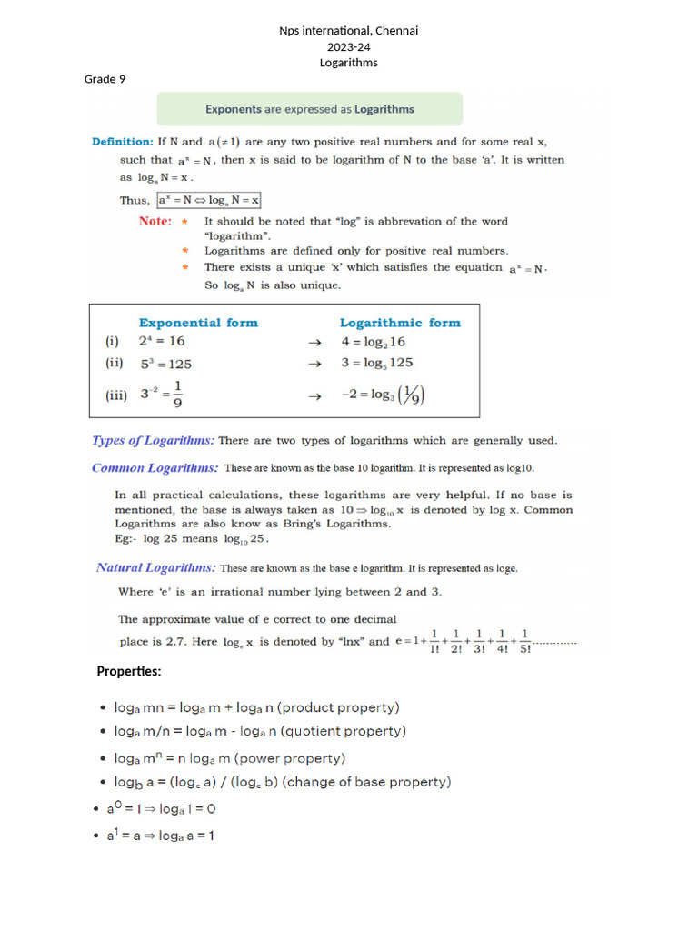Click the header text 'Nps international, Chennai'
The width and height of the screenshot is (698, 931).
click(x=348, y=31)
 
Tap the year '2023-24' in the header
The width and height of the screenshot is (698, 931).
click(x=348, y=46)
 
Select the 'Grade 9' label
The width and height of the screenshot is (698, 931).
click(x=105, y=79)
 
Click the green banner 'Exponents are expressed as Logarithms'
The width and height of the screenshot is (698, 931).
click(x=309, y=109)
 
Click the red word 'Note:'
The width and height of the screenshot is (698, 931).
click(x=155, y=221)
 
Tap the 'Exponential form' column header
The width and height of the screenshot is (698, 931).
click(x=198, y=323)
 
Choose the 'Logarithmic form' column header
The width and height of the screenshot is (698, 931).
click(x=400, y=323)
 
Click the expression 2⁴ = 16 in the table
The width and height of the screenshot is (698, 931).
click(x=164, y=342)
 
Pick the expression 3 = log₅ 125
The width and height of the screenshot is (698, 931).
click(x=376, y=363)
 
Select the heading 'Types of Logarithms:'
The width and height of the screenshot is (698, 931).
click(x=154, y=441)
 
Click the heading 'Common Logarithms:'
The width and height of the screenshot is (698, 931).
click(x=155, y=468)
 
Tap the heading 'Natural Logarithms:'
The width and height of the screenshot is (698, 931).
click(x=156, y=567)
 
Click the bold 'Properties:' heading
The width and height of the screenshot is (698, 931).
click(x=129, y=672)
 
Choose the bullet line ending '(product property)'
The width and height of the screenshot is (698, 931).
click(x=256, y=707)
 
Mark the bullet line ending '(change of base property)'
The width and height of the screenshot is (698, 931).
click(x=282, y=782)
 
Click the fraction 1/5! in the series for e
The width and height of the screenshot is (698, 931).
click(x=525, y=642)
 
